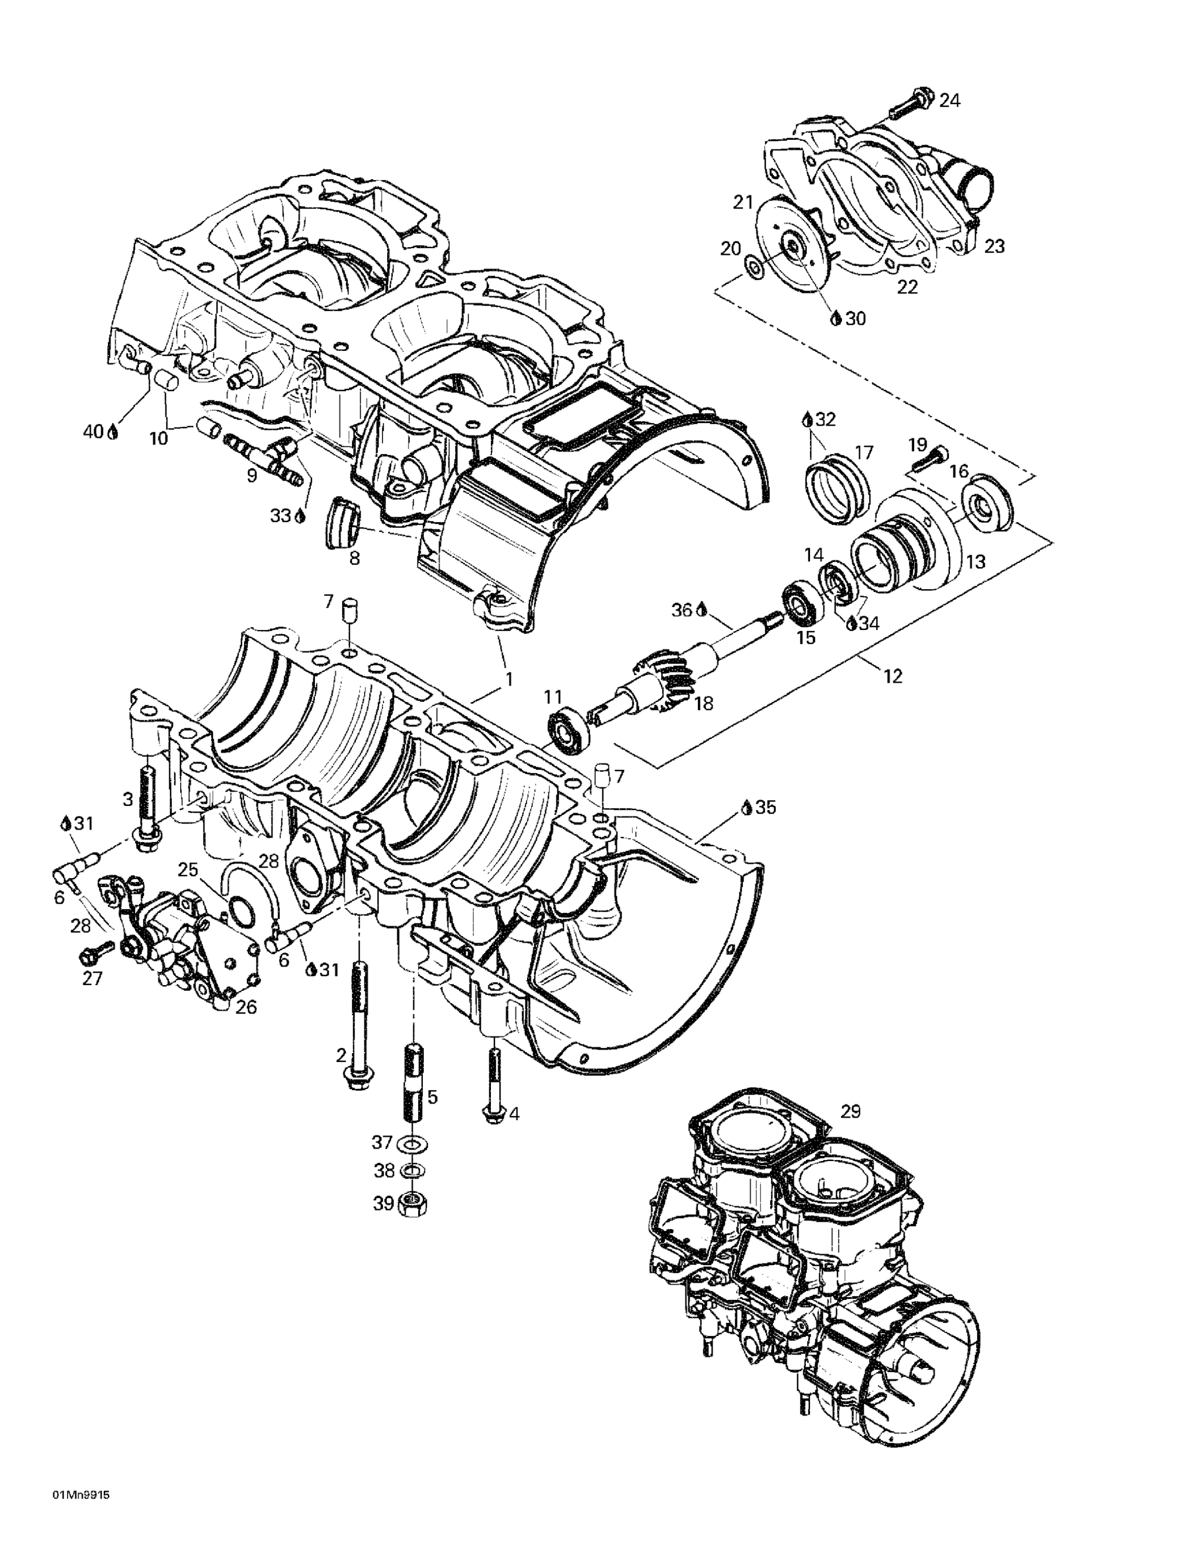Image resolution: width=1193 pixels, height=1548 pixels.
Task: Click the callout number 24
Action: tap(950, 101)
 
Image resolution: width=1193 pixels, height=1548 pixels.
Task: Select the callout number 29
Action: tap(850, 1111)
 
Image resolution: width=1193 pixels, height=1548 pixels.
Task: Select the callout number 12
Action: tap(893, 676)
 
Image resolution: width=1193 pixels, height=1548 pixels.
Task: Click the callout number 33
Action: tap(281, 516)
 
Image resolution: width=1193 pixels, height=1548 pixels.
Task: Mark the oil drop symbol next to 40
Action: tap(112, 432)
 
